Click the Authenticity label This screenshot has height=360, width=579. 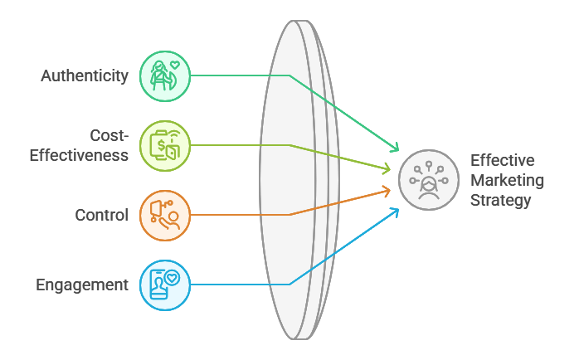[85, 76]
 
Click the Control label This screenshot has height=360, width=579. [101, 216]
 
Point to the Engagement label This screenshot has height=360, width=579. [82, 285]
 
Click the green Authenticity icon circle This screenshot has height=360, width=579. [165, 76]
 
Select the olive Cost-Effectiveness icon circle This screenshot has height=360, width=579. [165, 146]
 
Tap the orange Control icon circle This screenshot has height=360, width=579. [165, 216]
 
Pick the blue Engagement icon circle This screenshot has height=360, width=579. [165, 285]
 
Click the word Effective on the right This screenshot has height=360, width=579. [503, 160]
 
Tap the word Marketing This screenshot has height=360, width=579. [507, 180]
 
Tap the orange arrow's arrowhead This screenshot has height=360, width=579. [387, 191]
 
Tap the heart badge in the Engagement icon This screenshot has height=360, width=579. [172, 278]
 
